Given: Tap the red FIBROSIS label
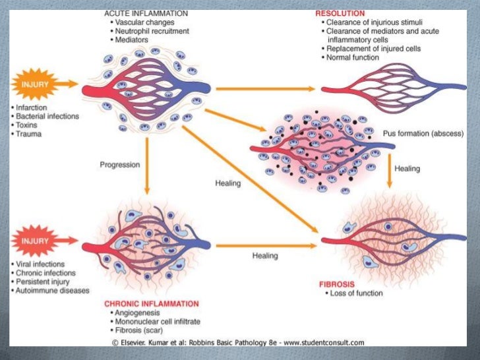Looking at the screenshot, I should pyautogui.click(x=338, y=284).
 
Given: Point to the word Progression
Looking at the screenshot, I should pyautogui.click(x=120, y=164).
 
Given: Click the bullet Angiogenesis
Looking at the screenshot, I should pyautogui.click(x=138, y=313).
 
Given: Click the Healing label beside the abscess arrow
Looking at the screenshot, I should pyautogui.click(x=407, y=169).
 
